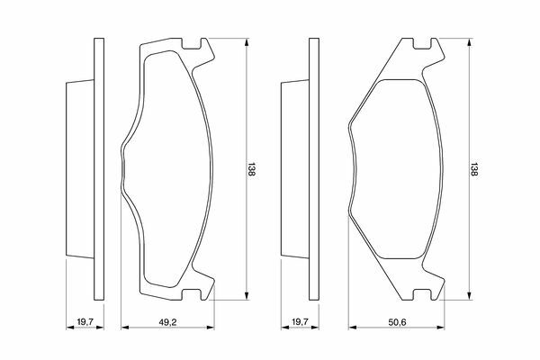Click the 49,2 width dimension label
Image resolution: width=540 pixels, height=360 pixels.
tap(167, 322)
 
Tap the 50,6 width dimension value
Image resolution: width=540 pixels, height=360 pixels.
tap(398, 322)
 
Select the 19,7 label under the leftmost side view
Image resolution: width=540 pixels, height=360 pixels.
tap(85, 322)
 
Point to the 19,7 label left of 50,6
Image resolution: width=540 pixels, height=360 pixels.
tap(300, 322)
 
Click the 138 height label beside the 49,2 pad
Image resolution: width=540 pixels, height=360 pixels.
tap(251, 169)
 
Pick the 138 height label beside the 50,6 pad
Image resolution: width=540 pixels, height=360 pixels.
tap(474, 169)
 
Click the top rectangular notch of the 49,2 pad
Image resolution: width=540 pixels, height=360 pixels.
tap(191, 43)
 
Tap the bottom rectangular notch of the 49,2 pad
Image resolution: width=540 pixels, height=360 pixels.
tap(191, 294)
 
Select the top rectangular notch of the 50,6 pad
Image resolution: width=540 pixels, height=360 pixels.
tap(421, 43)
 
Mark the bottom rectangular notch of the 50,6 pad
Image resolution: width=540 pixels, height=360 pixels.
tap(421, 294)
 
